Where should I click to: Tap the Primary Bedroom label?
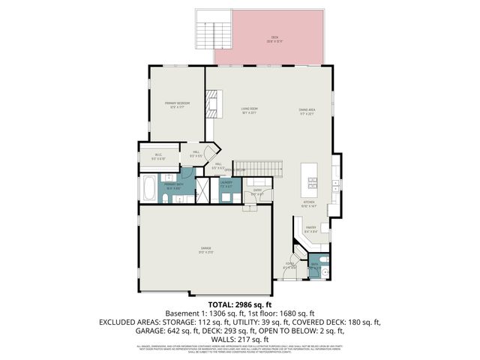(178, 104)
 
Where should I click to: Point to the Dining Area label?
(307, 112)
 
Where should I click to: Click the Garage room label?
(205, 248)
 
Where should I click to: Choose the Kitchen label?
(308, 203)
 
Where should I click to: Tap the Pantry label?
(310, 230)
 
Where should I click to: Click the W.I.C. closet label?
(158, 157)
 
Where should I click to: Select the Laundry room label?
(226, 184)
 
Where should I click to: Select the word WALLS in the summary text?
(217, 338)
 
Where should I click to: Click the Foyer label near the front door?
(289, 264)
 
